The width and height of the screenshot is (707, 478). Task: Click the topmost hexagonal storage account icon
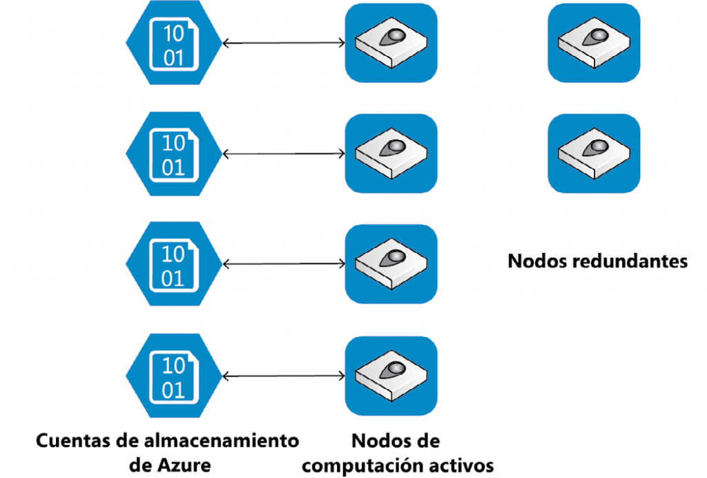(x=174, y=43)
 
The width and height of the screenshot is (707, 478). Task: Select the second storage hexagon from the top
(x=174, y=153)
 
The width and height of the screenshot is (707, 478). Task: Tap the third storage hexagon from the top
(x=174, y=264)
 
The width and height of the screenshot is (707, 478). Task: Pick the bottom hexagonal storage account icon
(x=174, y=376)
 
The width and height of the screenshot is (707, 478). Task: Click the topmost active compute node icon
(x=391, y=43)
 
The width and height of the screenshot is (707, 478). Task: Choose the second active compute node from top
(x=391, y=153)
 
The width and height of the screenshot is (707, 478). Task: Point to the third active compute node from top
(x=391, y=264)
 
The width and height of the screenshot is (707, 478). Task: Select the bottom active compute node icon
(x=391, y=376)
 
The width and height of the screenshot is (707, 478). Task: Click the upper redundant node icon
(x=594, y=43)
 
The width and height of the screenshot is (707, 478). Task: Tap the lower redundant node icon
(x=594, y=153)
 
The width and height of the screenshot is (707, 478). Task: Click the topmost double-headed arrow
(x=284, y=44)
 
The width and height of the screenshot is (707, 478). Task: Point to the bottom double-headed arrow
(x=284, y=376)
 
